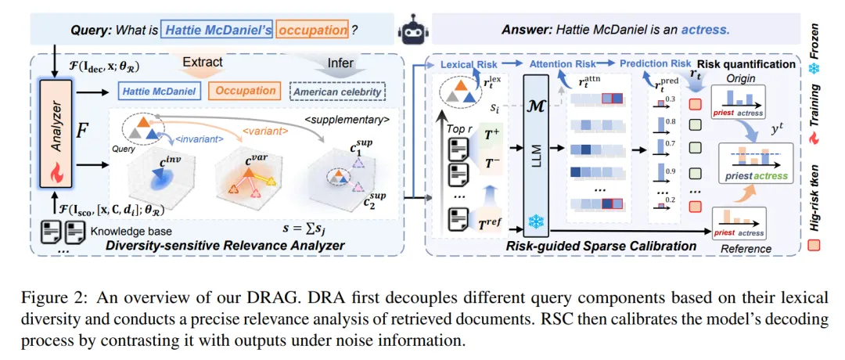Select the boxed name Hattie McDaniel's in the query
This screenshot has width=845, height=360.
point(205,31)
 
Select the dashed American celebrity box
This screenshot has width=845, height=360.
point(339,92)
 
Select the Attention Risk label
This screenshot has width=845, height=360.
point(563,63)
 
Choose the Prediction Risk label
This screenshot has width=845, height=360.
point(656,63)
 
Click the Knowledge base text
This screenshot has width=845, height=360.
point(124,232)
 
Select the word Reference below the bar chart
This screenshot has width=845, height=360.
point(746,249)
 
